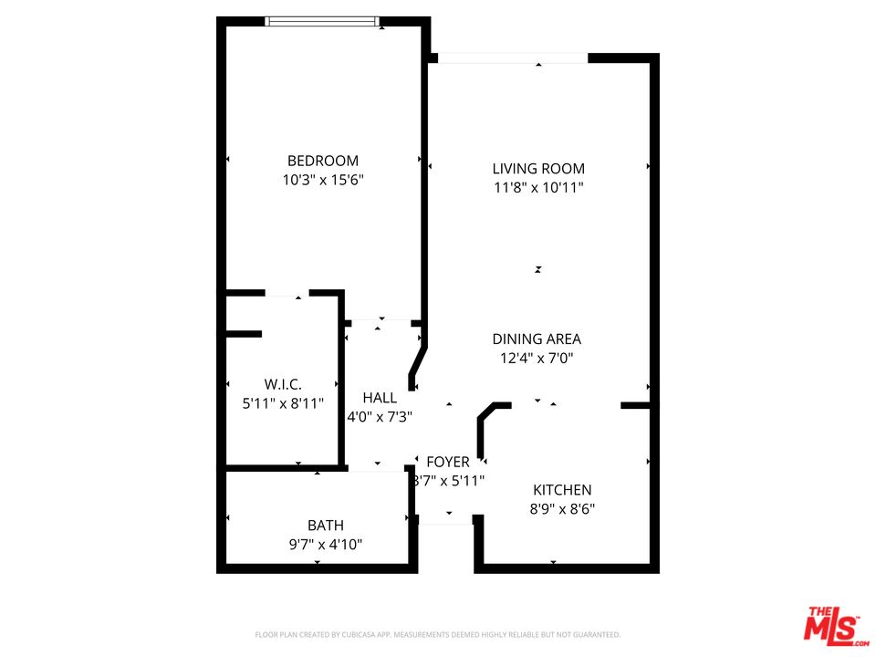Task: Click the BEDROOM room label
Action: click(323, 161)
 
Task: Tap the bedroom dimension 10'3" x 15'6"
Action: click(323, 181)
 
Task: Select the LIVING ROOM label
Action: click(538, 169)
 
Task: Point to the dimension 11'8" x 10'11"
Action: click(538, 189)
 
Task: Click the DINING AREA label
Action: click(537, 339)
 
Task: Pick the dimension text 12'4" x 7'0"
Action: click(537, 360)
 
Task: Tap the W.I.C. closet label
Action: click(283, 384)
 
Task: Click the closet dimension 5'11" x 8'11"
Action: click(283, 402)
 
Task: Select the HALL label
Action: click(380, 398)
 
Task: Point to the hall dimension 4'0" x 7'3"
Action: click(380, 417)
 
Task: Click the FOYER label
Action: click(448, 463)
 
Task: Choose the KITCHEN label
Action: click(562, 490)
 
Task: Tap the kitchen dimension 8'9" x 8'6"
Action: click(562, 509)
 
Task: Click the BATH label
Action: click(326, 526)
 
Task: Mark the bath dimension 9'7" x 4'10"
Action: click(326, 545)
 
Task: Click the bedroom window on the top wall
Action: click(322, 21)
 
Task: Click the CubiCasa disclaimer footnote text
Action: click(437, 634)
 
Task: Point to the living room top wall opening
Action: click(513, 58)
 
